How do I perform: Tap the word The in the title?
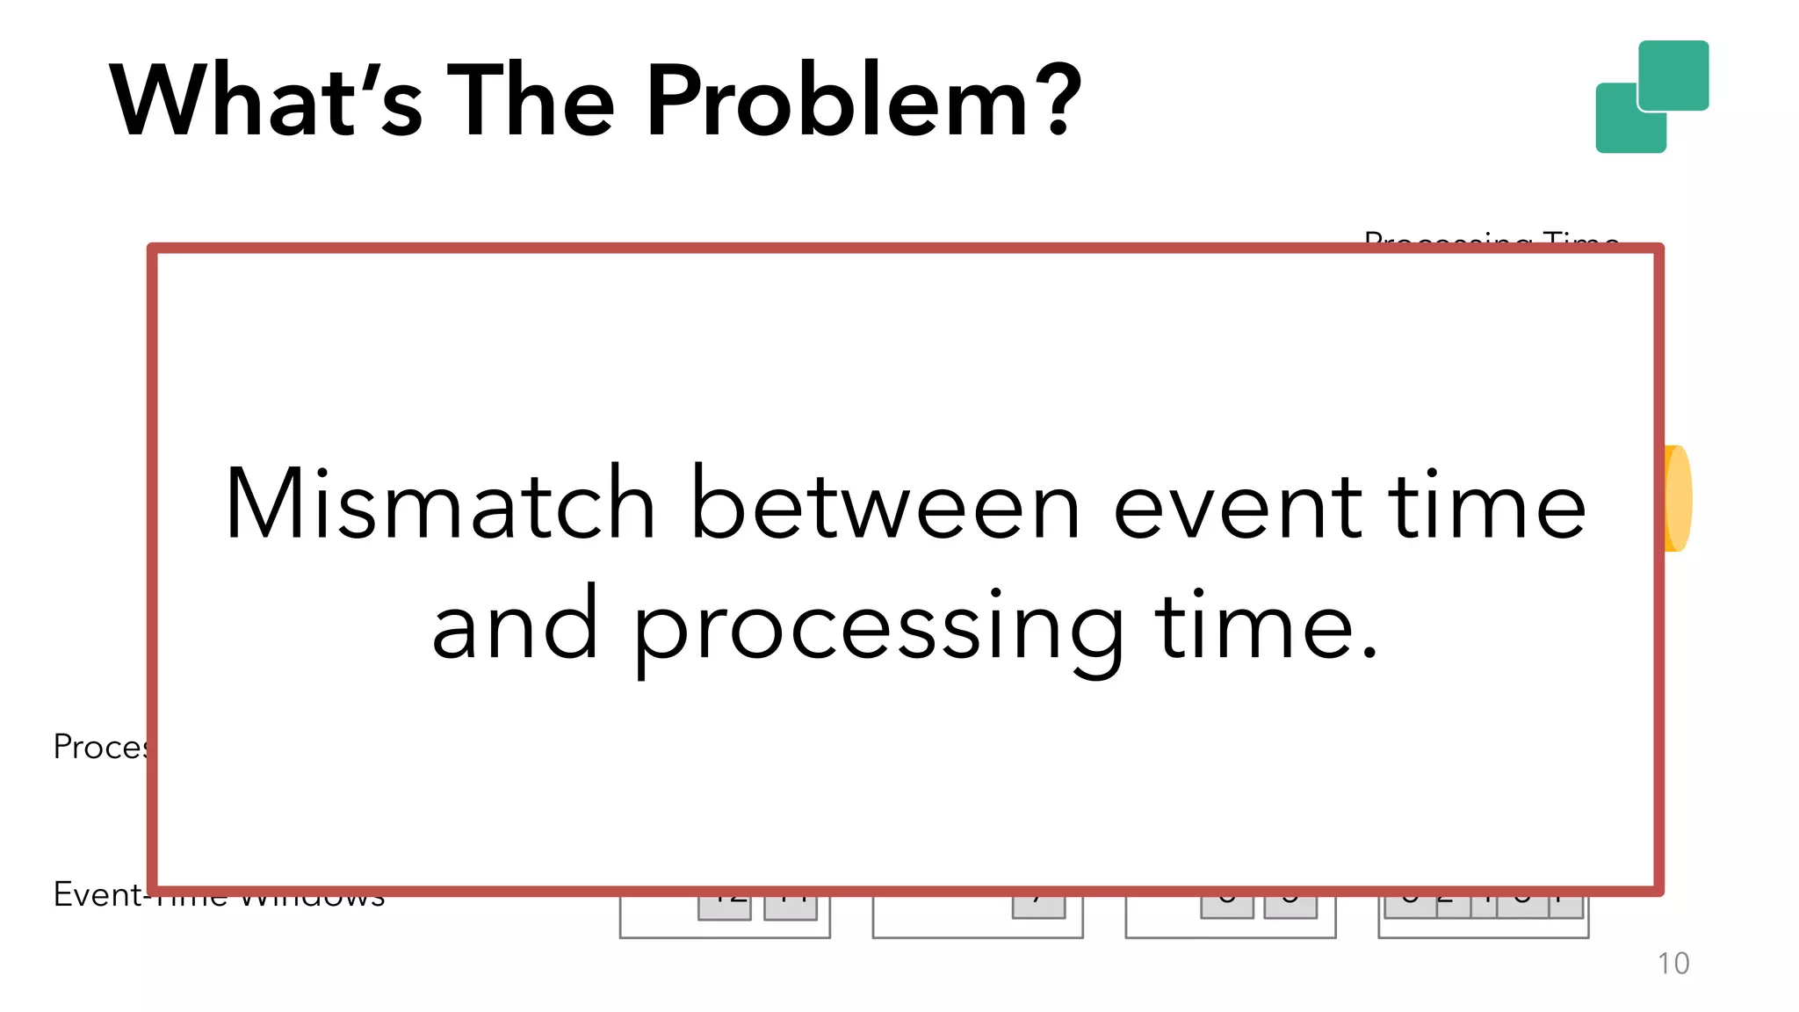coord(531,100)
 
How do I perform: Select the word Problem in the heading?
coord(837,100)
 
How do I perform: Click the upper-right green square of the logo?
coord(1674,75)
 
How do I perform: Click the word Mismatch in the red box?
coord(440,504)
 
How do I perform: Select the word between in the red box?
coord(885,504)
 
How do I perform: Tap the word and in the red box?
coord(516,625)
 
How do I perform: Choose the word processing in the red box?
coord(879,629)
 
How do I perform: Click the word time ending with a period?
coord(1265,625)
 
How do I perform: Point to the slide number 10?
coord(1673,964)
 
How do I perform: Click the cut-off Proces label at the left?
coord(99,747)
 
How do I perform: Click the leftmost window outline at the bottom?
coord(725,927)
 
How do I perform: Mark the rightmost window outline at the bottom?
coord(1484,928)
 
